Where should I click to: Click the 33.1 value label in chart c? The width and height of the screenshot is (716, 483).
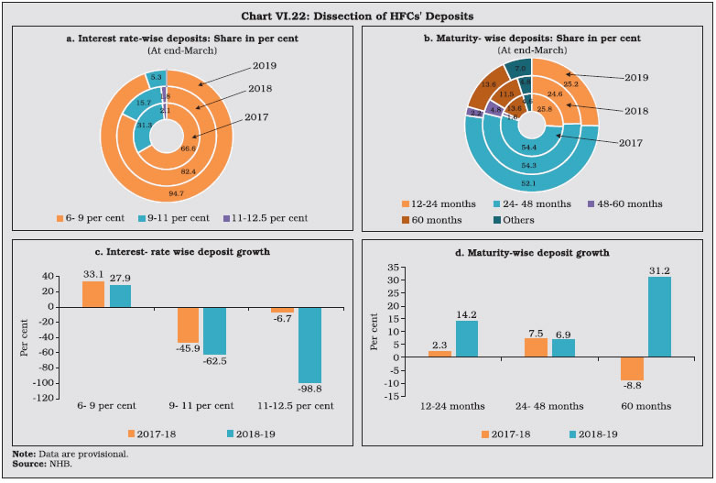(x=92, y=272)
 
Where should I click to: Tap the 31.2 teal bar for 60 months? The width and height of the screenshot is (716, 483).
(x=659, y=317)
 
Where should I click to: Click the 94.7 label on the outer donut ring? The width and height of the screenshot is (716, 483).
(x=166, y=194)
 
